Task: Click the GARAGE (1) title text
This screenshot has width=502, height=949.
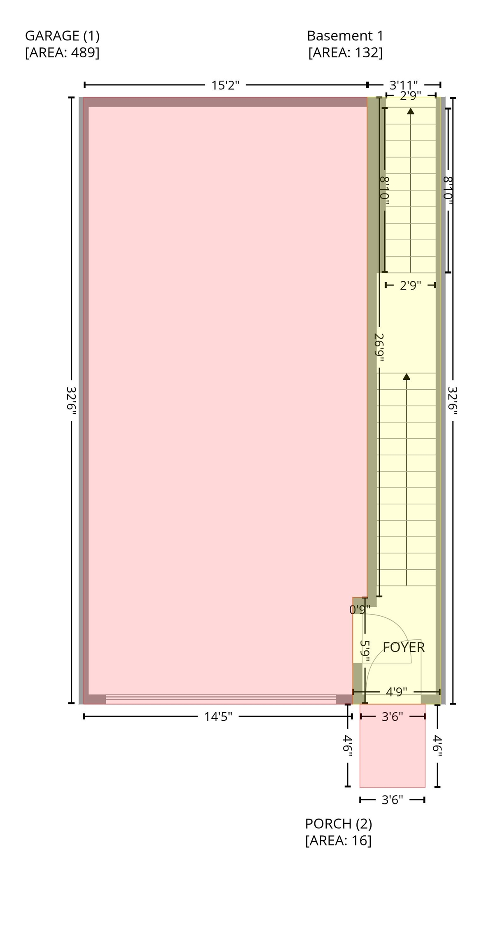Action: tap(62, 36)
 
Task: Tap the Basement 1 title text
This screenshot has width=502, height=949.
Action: tap(345, 36)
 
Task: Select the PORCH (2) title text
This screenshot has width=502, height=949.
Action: tap(338, 823)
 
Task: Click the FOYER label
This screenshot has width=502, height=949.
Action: tap(403, 647)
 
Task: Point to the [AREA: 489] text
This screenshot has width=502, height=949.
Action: tap(62, 53)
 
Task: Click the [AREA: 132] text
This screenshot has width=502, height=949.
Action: tap(345, 53)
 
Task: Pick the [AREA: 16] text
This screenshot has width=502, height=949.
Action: tap(338, 840)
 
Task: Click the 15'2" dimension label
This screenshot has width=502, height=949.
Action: tap(225, 85)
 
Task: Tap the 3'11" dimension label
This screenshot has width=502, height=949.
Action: tap(403, 85)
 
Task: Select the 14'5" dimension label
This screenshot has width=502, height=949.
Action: tap(218, 717)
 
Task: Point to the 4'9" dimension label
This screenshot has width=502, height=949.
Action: tap(396, 692)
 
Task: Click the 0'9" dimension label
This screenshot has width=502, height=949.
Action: tap(360, 610)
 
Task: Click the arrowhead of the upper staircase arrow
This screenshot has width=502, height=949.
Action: tap(410, 111)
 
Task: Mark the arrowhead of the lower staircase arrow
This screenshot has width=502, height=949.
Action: tap(407, 376)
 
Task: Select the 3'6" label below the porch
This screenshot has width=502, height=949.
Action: tap(392, 799)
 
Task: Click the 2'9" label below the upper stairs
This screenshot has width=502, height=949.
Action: tap(410, 285)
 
